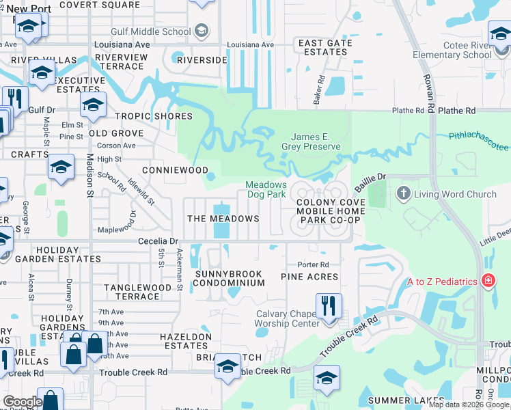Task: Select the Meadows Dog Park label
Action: tap(266, 190)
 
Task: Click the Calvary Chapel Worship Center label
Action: tap(288, 318)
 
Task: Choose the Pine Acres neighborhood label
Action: tap(309, 277)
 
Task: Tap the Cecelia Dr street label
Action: tap(158, 241)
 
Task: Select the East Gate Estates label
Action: tap(325, 47)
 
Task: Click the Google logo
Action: tap(23, 402)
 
